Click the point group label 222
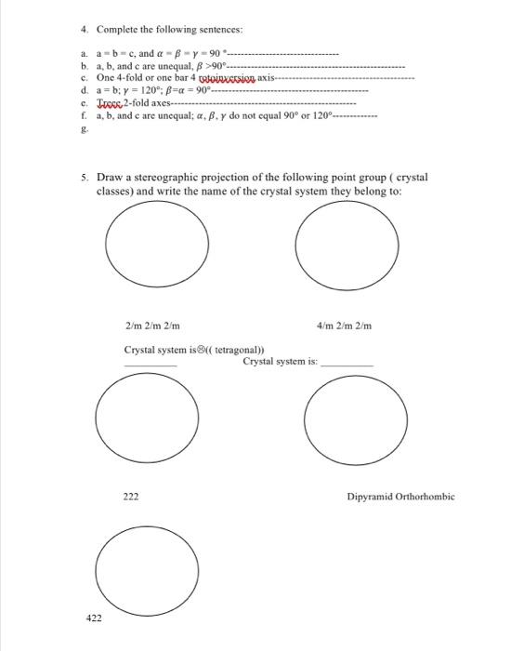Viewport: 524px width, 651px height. click(131, 497)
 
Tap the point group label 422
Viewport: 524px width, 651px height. click(94, 617)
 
